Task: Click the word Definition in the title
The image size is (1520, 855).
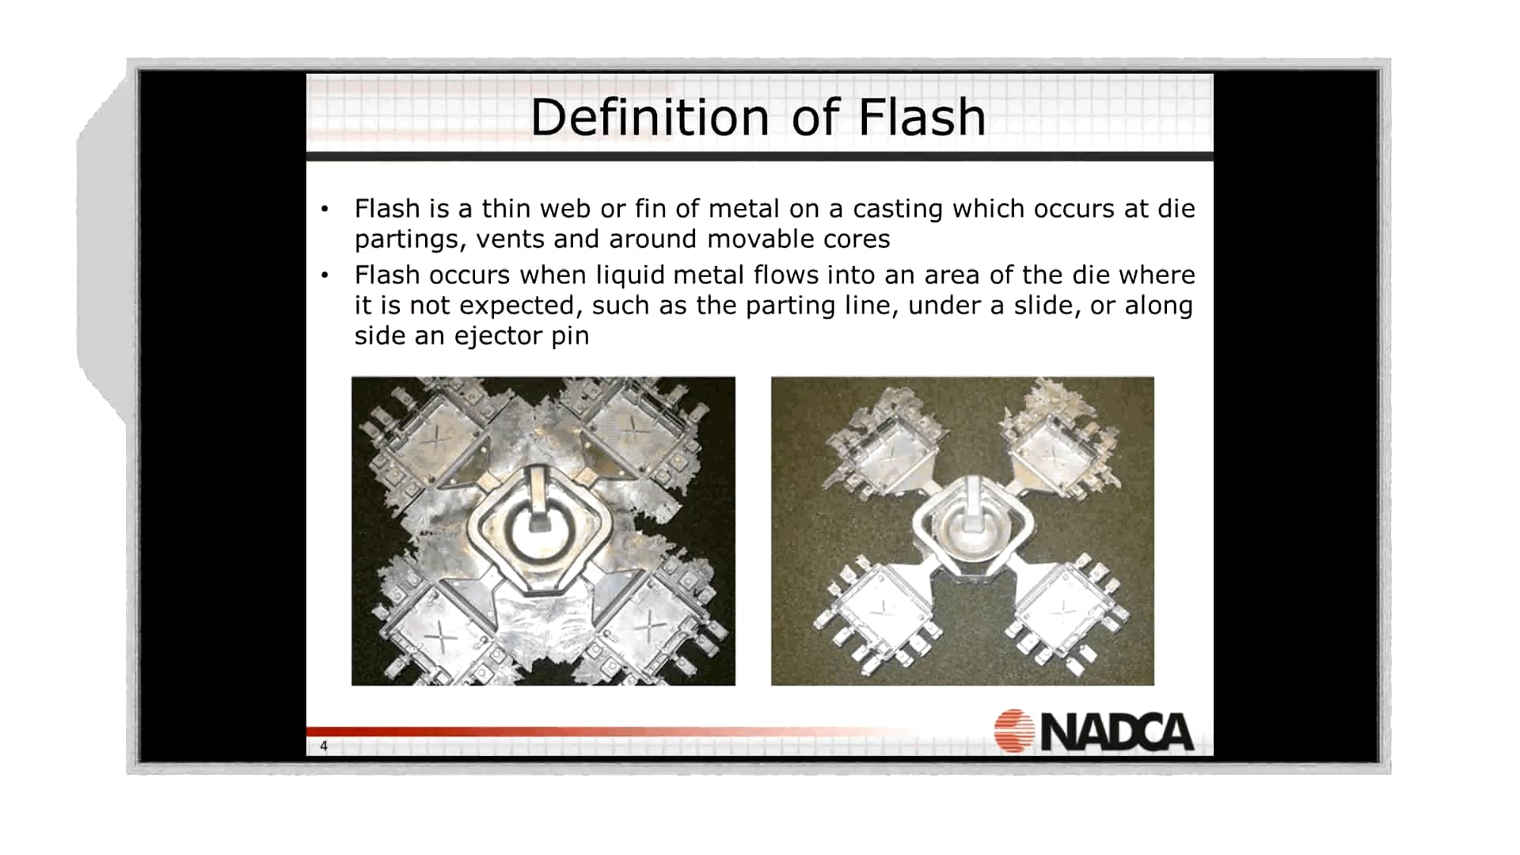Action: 649,118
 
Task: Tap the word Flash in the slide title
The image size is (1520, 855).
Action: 921,118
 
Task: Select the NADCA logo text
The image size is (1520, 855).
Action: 1117,731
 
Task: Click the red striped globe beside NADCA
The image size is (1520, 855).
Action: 1014,730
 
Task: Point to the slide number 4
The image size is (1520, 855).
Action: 324,746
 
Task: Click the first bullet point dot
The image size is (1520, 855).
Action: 325,210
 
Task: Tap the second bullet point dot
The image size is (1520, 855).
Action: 325,276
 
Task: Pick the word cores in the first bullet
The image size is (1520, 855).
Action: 859,239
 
